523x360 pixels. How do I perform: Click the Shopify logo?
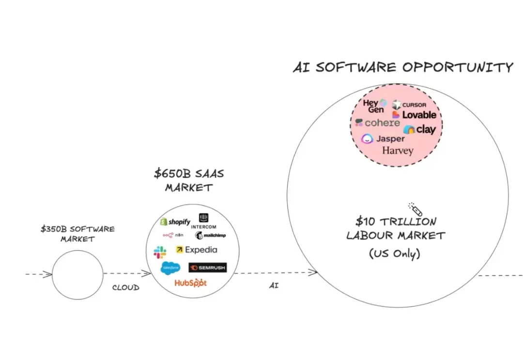(x=175, y=222)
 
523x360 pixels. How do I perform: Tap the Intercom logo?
(x=203, y=221)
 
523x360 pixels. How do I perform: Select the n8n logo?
(x=173, y=235)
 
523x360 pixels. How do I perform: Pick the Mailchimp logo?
(x=211, y=235)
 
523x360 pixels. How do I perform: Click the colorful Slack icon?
(x=160, y=252)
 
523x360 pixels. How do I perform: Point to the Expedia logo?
(x=197, y=250)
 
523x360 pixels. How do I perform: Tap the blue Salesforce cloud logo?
(x=170, y=268)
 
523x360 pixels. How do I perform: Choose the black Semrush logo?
(x=207, y=268)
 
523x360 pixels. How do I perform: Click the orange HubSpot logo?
(x=190, y=283)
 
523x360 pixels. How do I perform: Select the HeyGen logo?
(x=374, y=106)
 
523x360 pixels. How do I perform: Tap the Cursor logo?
(x=409, y=105)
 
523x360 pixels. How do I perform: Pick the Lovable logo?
(x=414, y=115)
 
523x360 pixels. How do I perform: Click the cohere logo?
(x=378, y=123)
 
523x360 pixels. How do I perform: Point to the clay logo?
(x=419, y=129)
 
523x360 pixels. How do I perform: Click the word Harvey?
(x=398, y=150)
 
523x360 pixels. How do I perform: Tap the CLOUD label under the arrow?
(x=126, y=288)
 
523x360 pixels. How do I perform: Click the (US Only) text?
(x=395, y=254)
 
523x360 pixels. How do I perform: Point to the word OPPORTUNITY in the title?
(x=458, y=67)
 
